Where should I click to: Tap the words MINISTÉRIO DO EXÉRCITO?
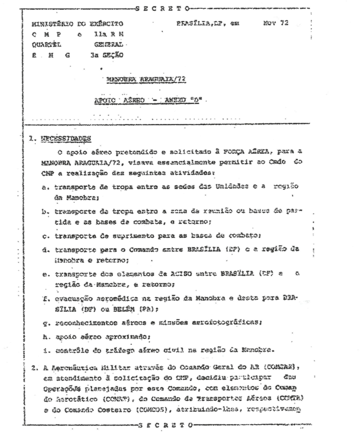pyautogui.click(x=77, y=24)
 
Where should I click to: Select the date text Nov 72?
pyautogui.click(x=276, y=23)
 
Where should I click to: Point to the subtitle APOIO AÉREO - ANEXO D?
pyautogui.click(x=148, y=100)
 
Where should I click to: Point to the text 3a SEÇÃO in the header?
pyautogui.click(x=107, y=55)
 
